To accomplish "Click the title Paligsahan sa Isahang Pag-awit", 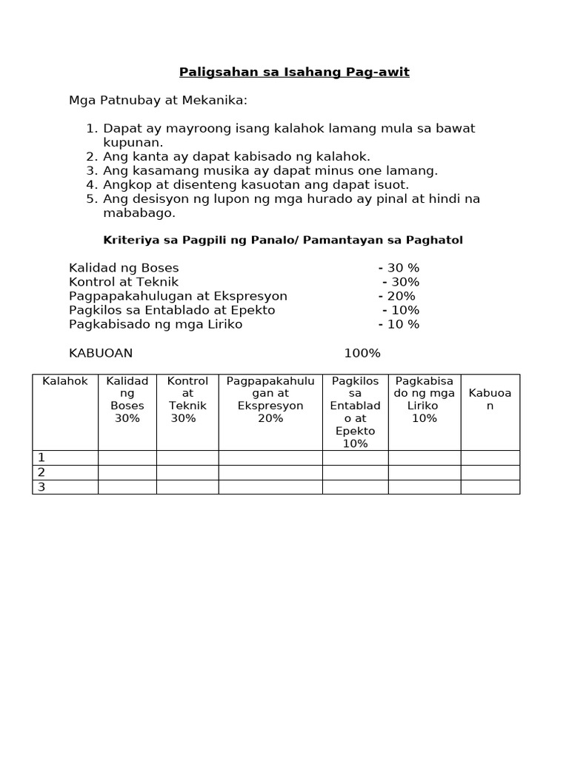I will point(294,72).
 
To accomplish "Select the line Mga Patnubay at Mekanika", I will point(158,100).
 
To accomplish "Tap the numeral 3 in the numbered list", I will point(92,170).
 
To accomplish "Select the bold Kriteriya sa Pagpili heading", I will point(282,241).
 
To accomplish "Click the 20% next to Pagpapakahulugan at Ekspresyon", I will point(398,296).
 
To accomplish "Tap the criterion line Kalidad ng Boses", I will point(124,268).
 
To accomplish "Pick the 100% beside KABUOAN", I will point(362,353).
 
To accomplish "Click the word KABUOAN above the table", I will point(101,353).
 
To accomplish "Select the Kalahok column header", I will point(65,381).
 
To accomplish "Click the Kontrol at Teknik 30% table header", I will point(187,400).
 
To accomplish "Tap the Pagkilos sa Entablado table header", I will point(355,412).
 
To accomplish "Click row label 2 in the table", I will point(41,472).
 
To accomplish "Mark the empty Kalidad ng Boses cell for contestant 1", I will point(127,457).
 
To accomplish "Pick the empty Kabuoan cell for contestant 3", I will point(490,487).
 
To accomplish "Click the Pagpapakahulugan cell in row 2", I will point(270,472).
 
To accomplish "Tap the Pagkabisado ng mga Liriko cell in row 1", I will point(425,457).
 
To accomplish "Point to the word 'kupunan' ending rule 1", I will point(133,142).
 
